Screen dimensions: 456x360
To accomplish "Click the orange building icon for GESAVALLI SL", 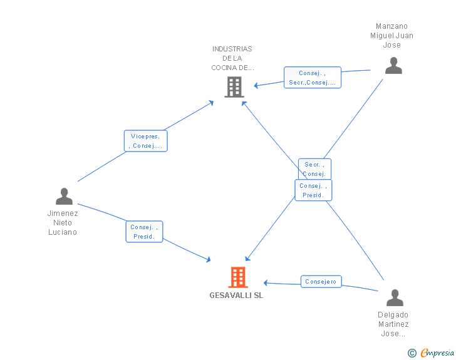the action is [x=238, y=277].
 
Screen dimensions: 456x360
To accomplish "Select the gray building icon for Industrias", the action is [x=234, y=87].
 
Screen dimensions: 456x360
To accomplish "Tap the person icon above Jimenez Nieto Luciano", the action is [x=64, y=197].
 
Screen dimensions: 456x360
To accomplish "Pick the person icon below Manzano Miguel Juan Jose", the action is [x=393, y=66].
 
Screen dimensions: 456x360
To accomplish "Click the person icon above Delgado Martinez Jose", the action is [x=395, y=297].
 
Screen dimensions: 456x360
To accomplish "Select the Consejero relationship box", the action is [x=321, y=282].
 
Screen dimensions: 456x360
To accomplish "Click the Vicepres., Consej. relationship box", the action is [x=146, y=141].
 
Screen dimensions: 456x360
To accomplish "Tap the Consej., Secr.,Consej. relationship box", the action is [x=313, y=78].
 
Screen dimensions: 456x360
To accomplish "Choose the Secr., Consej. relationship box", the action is [x=314, y=169].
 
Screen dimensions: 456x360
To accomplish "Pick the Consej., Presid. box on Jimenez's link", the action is [x=144, y=232].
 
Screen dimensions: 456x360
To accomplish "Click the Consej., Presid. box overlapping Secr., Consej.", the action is [x=313, y=190].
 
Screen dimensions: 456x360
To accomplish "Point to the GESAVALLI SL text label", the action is [x=236, y=296].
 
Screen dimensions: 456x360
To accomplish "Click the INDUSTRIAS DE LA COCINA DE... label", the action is [x=232, y=58].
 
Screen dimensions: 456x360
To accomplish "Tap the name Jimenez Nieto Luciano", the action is [x=63, y=223].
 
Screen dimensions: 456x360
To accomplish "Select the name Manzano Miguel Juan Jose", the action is [x=391, y=36].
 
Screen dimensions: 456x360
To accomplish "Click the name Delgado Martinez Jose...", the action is [x=393, y=324].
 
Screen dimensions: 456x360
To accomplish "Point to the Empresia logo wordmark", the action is [x=437, y=352].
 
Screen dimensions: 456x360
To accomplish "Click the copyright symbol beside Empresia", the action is [x=412, y=353].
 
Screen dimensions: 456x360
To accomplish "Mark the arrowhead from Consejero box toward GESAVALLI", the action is [x=266, y=282].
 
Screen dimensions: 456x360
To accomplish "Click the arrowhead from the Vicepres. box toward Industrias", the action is [x=212, y=103].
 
